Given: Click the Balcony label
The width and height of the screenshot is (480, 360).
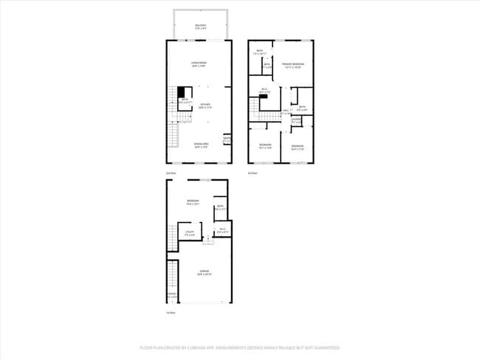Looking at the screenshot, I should [201, 26].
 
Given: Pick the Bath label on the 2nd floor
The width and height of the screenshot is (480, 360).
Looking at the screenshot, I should [185, 99].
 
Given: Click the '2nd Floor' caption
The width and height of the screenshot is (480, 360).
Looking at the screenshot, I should [171, 173].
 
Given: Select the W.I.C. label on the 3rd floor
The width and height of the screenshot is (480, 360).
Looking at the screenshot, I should [264, 89].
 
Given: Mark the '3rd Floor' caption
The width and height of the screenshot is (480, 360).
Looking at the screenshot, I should [253, 173].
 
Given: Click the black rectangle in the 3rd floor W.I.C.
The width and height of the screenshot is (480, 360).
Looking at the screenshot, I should [263, 96].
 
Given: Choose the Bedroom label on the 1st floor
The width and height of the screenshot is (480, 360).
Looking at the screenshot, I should [193, 202].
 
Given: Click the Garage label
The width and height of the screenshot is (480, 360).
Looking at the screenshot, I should [203, 271].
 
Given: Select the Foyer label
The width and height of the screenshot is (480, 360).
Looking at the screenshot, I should [171, 294].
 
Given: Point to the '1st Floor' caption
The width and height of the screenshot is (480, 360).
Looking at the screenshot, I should [171, 313].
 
